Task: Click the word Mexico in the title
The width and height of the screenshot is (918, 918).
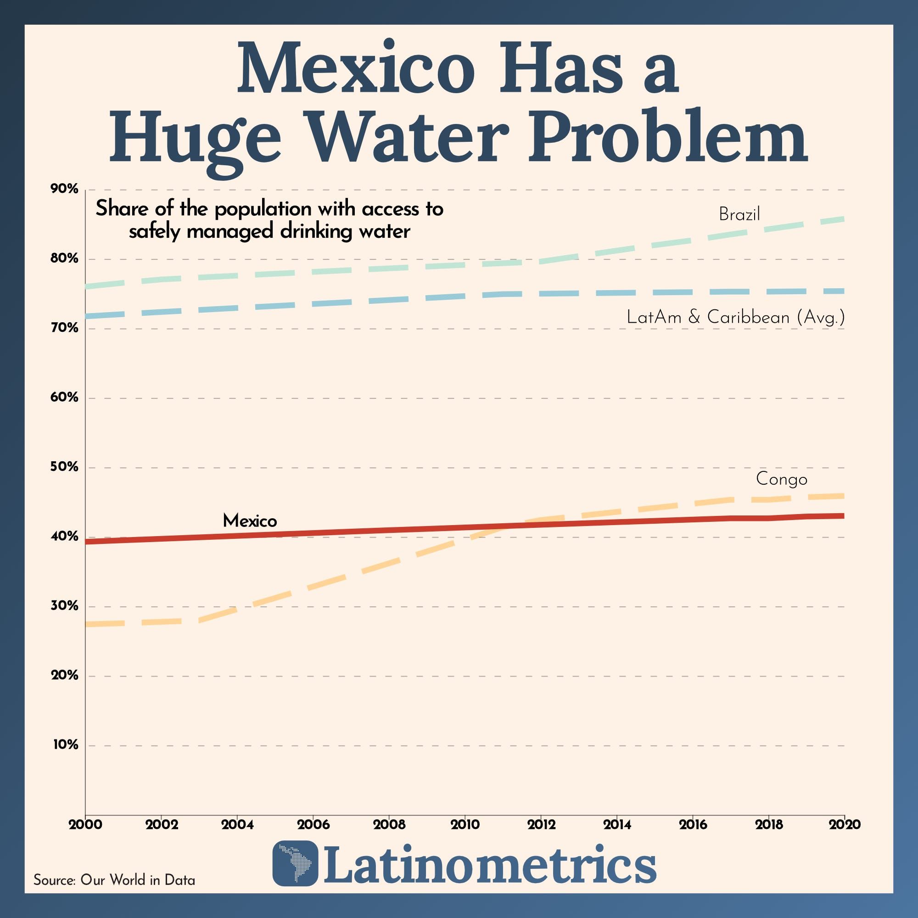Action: click(355, 69)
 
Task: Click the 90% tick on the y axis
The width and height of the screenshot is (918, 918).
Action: click(64, 189)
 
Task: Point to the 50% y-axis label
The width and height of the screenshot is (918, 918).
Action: click(64, 467)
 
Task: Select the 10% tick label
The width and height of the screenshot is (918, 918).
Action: click(65, 744)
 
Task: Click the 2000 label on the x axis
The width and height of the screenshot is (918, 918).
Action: click(85, 824)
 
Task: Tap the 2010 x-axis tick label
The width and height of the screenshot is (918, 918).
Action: click(465, 824)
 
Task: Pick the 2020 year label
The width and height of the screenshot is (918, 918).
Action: click(845, 824)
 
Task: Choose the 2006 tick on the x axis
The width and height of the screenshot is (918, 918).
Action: click(313, 824)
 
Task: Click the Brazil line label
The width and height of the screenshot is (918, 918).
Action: click(739, 214)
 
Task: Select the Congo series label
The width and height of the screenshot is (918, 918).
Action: click(782, 478)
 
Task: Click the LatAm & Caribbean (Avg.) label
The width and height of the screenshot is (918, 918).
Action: click(735, 317)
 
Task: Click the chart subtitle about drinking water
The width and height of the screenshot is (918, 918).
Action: click(269, 220)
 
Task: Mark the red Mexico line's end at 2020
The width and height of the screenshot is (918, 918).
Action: click(843, 515)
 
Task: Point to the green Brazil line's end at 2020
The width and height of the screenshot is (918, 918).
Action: click(843, 219)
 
